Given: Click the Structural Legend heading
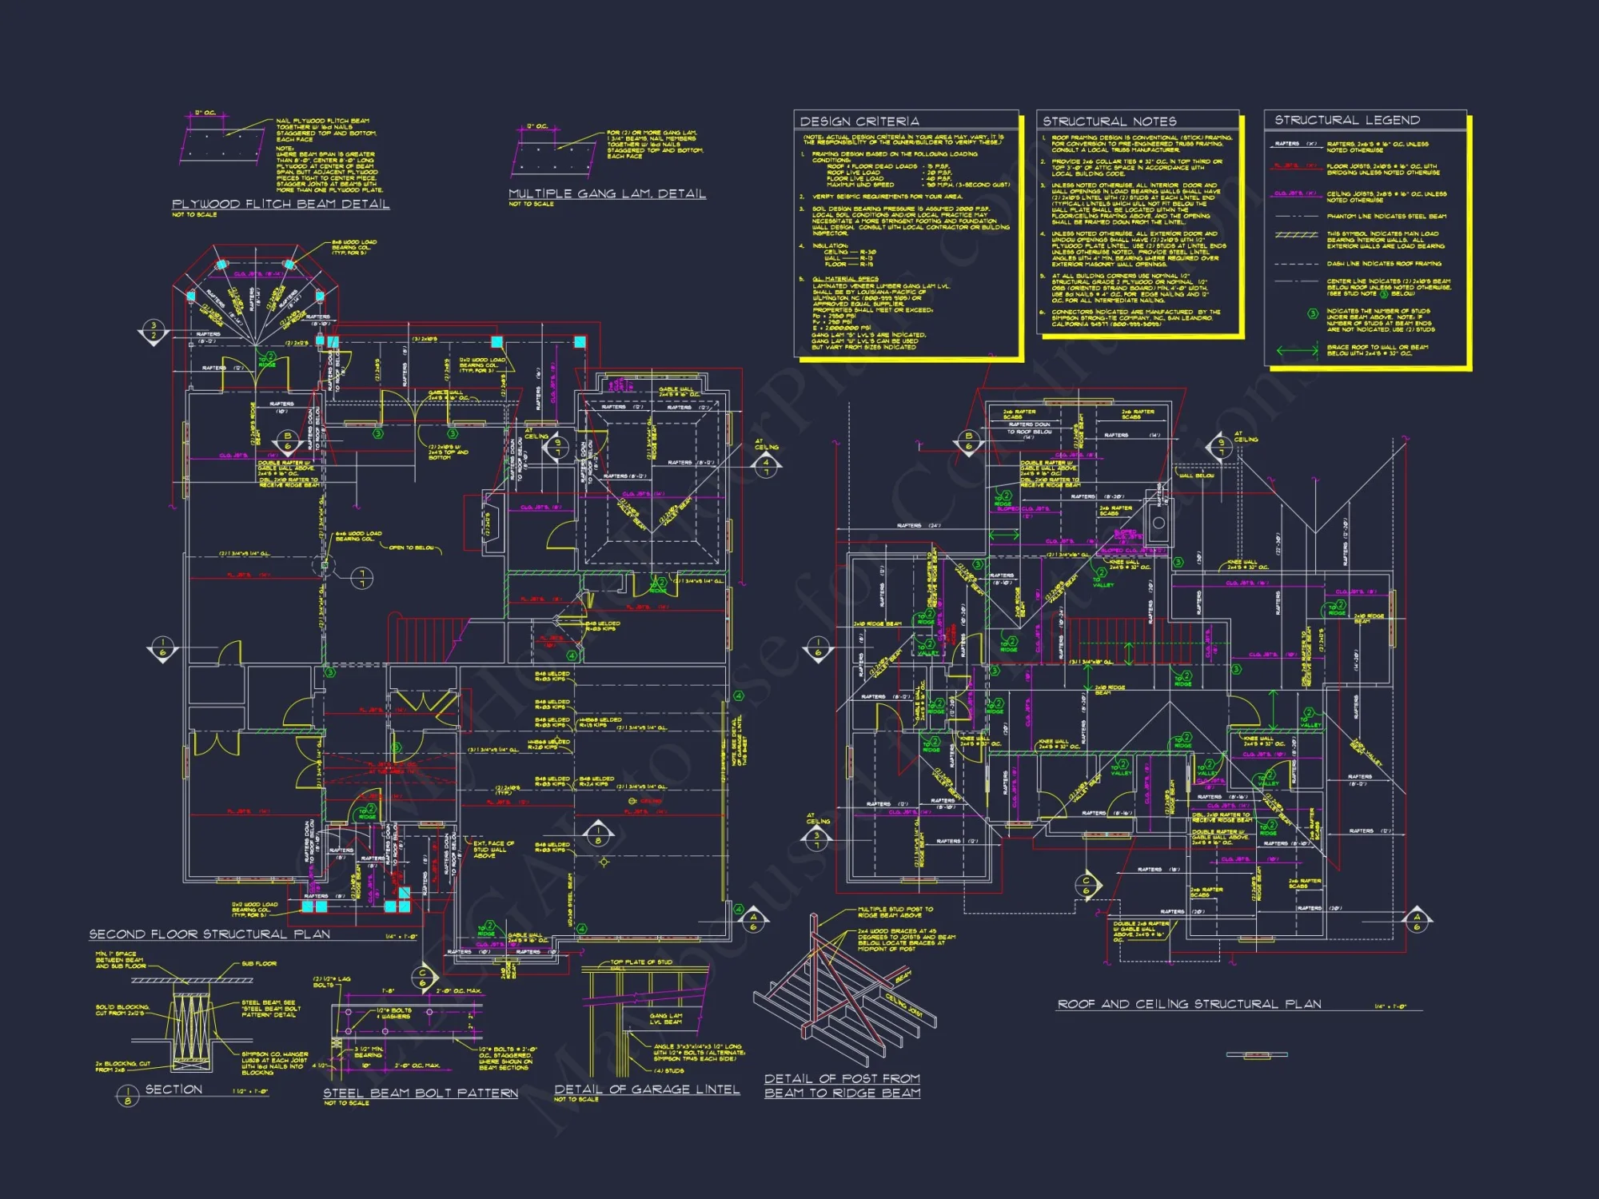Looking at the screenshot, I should [1347, 120].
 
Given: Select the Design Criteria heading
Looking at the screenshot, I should [859, 121].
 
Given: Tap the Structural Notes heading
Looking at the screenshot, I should [1109, 121].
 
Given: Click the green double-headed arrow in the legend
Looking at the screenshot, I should [1297, 350].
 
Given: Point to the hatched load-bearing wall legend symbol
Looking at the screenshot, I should [1296, 235].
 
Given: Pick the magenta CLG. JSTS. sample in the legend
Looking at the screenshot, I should [1294, 193].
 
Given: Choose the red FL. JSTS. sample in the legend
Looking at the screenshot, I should [1294, 166].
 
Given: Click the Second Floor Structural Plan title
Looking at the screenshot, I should [209, 934].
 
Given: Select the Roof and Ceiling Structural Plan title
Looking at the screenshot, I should [1189, 1004].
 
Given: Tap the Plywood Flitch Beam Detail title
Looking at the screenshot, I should [281, 205].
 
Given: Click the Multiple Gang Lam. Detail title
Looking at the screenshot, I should [607, 194].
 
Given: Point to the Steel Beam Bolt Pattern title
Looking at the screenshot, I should [421, 1093].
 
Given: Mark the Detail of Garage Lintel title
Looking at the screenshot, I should [647, 1089].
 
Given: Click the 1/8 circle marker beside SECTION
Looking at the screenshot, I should [127, 1095].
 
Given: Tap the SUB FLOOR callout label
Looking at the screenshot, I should [260, 964].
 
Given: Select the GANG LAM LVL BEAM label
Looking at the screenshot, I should [666, 1018].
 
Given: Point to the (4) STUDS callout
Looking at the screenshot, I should [668, 1070].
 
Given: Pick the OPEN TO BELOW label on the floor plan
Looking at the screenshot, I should [412, 548].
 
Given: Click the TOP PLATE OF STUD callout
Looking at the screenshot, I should [641, 962].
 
